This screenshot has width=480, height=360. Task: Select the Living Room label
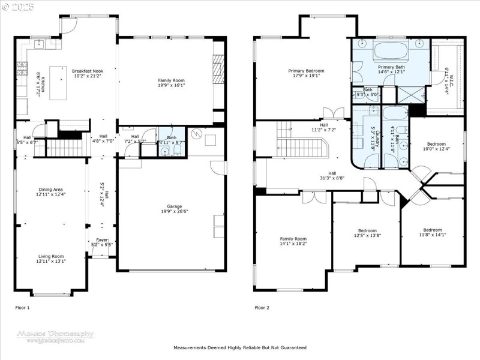pyautogui.click(x=50, y=259)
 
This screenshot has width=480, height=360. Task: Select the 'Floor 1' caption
pyautogui.click(x=22, y=307)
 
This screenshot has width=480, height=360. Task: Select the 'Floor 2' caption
pyautogui.click(x=262, y=307)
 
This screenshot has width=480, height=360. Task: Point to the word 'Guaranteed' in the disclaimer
pyautogui.click(x=293, y=347)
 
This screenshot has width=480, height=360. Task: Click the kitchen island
pyautogui.click(x=59, y=83)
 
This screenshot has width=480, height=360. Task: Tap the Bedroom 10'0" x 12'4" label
pyautogui.click(x=436, y=146)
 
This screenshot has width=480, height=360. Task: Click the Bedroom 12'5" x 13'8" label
pyautogui.click(x=367, y=233)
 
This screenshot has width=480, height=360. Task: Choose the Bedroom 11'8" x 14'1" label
pyautogui.click(x=432, y=233)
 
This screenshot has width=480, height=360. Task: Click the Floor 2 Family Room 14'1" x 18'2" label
pyautogui.click(x=293, y=241)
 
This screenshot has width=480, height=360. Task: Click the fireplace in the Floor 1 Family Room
pyautogui.click(x=219, y=69)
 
